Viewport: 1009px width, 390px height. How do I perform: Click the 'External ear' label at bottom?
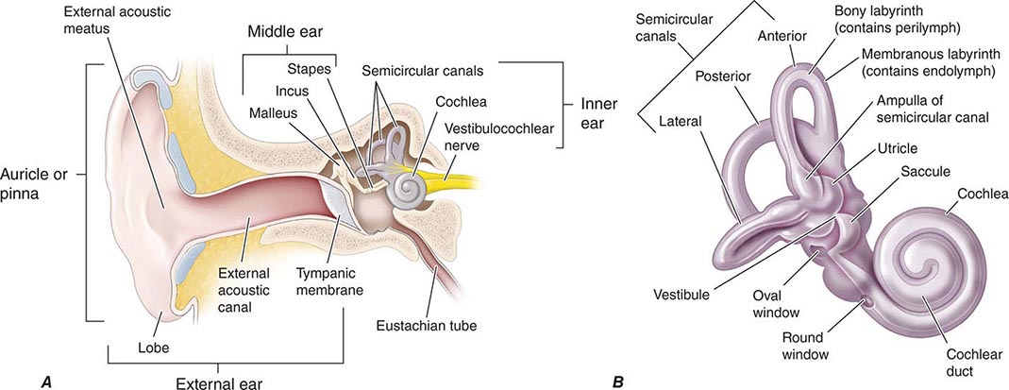click(x=218, y=382)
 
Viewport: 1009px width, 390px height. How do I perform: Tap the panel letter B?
click(x=617, y=382)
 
